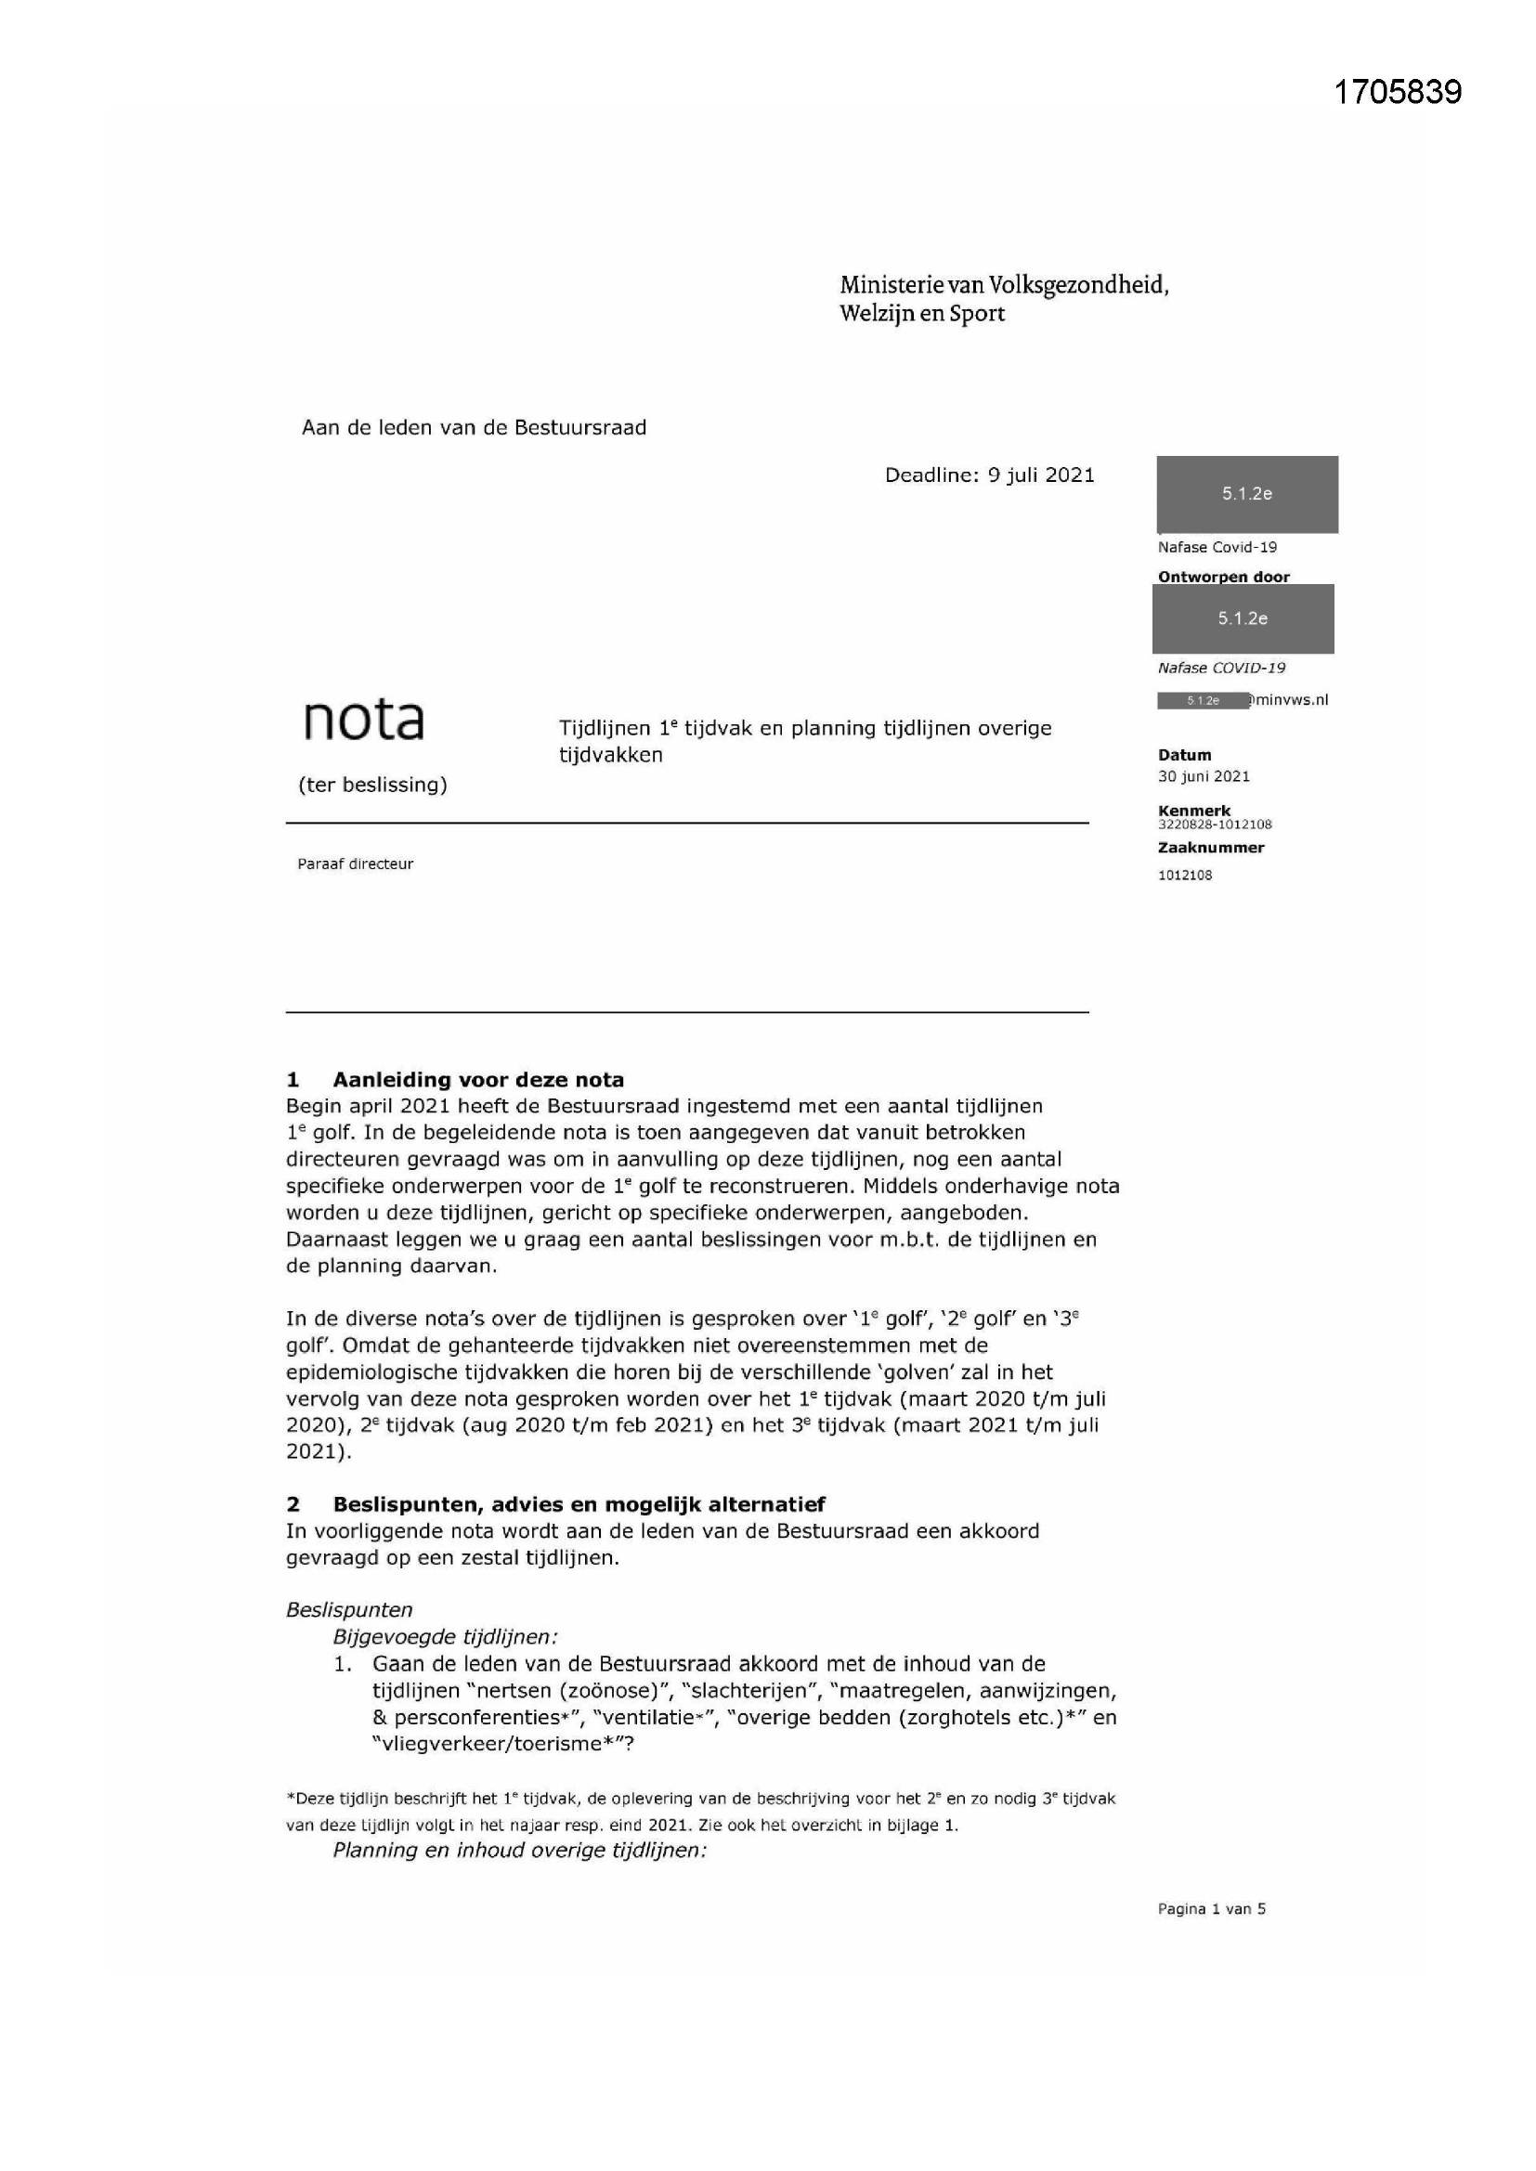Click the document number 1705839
[x=1397, y=92]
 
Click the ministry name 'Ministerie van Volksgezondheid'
[x=1004, y=286]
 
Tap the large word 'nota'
[x=363, y=721]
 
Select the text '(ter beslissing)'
[x=372, y=785]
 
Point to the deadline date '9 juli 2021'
[x=1041, y=475]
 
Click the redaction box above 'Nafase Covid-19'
[x=1246, y=495]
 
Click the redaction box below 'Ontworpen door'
[x=1243, y=619]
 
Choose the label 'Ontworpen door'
[x=1223, y=577]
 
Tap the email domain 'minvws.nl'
[x=1292, y=701]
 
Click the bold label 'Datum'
[x=1184, y=756]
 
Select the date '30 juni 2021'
[x=1203, y=777]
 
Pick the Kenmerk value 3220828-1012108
[x=1215, y=825]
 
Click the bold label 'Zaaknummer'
[x=1211, y=848]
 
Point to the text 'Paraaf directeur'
[x=355, y=864]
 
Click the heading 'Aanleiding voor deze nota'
[x=477, y=1080]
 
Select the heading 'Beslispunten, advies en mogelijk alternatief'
[x=578, y=1504]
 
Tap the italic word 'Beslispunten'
[x=349, y=1610]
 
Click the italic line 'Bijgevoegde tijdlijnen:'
[x=445, y=1637]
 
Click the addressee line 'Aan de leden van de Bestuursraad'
[x=474, y=428]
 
